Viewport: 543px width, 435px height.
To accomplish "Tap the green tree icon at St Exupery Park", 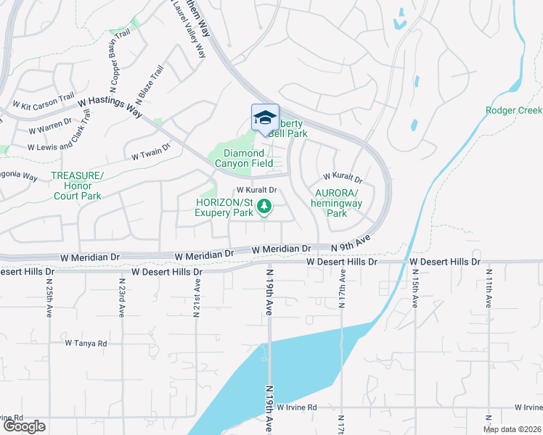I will point(265,207).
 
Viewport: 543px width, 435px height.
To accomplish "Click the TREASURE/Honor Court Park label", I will point(78,186).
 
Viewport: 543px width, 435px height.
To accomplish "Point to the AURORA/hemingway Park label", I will point(336,203).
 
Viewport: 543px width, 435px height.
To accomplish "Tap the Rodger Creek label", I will point(513,111).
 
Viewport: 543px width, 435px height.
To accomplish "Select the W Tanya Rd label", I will point(86,343).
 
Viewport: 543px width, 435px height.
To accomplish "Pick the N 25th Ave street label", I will point(49,297).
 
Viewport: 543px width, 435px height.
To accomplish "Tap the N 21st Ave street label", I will point(196,297).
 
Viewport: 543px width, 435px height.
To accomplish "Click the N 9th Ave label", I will point(351,243).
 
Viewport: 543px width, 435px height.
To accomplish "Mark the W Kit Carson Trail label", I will point(44,101).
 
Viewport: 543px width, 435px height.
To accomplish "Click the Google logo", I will point(24,426).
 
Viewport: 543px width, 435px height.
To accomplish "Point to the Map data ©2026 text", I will point(512,429).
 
